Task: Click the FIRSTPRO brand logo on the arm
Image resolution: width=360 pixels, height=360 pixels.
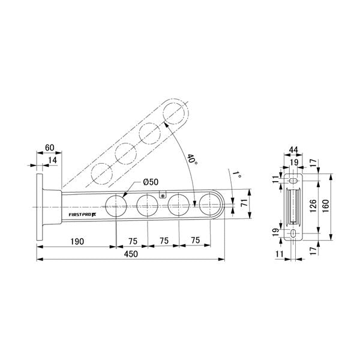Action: [82, 215]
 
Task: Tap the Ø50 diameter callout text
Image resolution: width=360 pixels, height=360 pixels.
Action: [151, 182]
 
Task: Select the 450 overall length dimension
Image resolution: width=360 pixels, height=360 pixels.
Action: [131, 254]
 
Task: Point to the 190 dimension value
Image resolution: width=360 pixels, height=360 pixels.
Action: [77, 242]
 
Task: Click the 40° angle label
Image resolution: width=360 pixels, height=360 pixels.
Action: [192, 160]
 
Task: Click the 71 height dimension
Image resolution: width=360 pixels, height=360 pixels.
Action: [244, 203]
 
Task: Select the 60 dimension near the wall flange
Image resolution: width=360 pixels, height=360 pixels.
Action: [50, 148]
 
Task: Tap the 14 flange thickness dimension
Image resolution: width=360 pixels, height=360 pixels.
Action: [53, 160]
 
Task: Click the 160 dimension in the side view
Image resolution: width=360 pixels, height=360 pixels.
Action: [325, 206]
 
